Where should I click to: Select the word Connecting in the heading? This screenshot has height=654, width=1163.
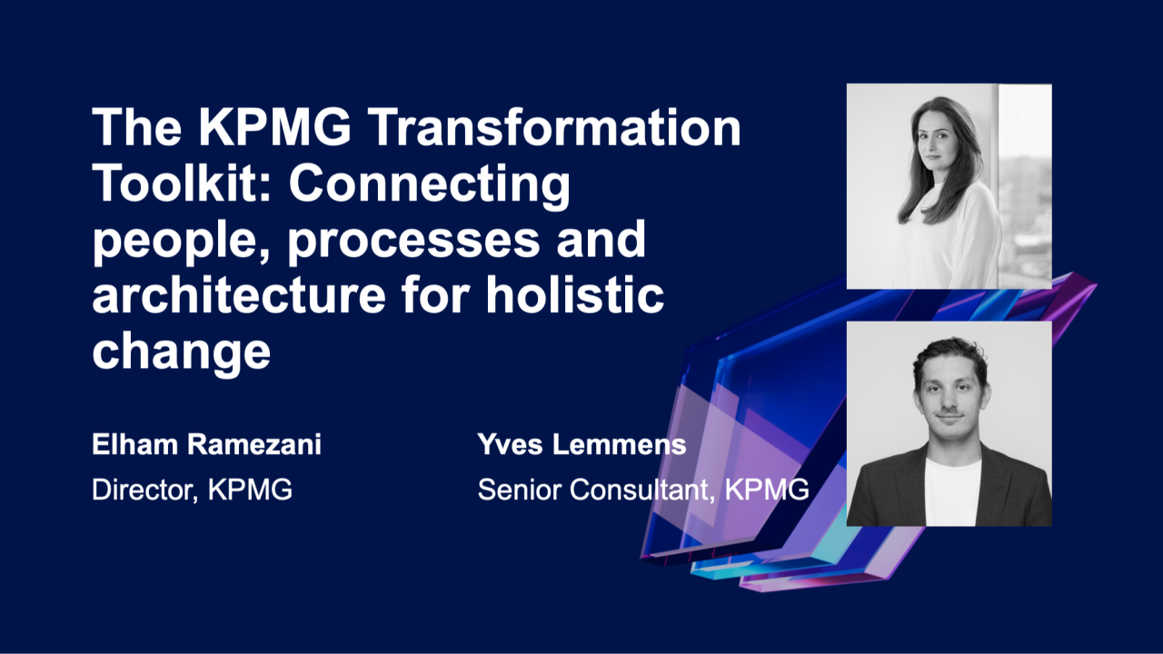point(430,185)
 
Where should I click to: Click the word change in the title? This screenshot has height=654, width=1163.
point(182,352)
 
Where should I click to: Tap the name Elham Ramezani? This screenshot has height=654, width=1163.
point(206,446)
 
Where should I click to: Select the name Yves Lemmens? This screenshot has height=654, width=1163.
point(581,446)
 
